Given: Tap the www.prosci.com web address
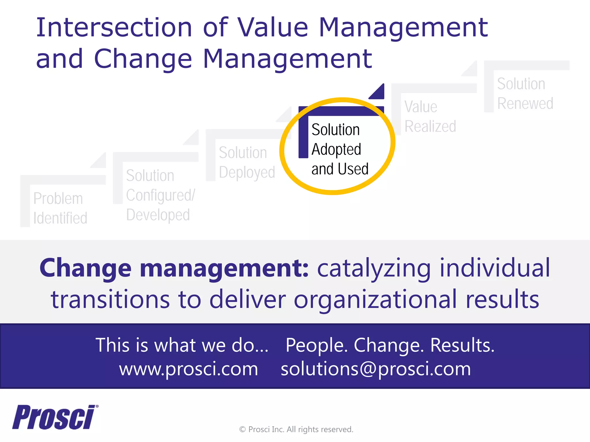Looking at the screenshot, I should pos(189,369).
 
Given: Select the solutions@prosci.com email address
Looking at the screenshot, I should pos(376,369).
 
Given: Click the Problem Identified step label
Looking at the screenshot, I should pos(60,208).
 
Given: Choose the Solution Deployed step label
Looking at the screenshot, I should pos(247,162).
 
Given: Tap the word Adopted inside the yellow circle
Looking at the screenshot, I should pos(336,149).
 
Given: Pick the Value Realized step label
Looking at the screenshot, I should pos(430,117).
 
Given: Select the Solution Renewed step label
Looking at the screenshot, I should pos(525,94).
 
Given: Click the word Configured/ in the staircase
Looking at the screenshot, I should pos(160,195).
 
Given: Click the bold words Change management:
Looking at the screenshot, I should pos(174,268).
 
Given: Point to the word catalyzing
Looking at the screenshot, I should pos(374,268).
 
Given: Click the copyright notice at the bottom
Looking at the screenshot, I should pos(296,429).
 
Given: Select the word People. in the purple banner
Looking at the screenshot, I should pos(316,345).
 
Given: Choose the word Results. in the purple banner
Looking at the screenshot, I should pos(462,345).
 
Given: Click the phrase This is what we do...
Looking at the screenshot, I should pos(181,345).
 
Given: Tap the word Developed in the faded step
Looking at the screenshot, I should pos(158,215).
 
